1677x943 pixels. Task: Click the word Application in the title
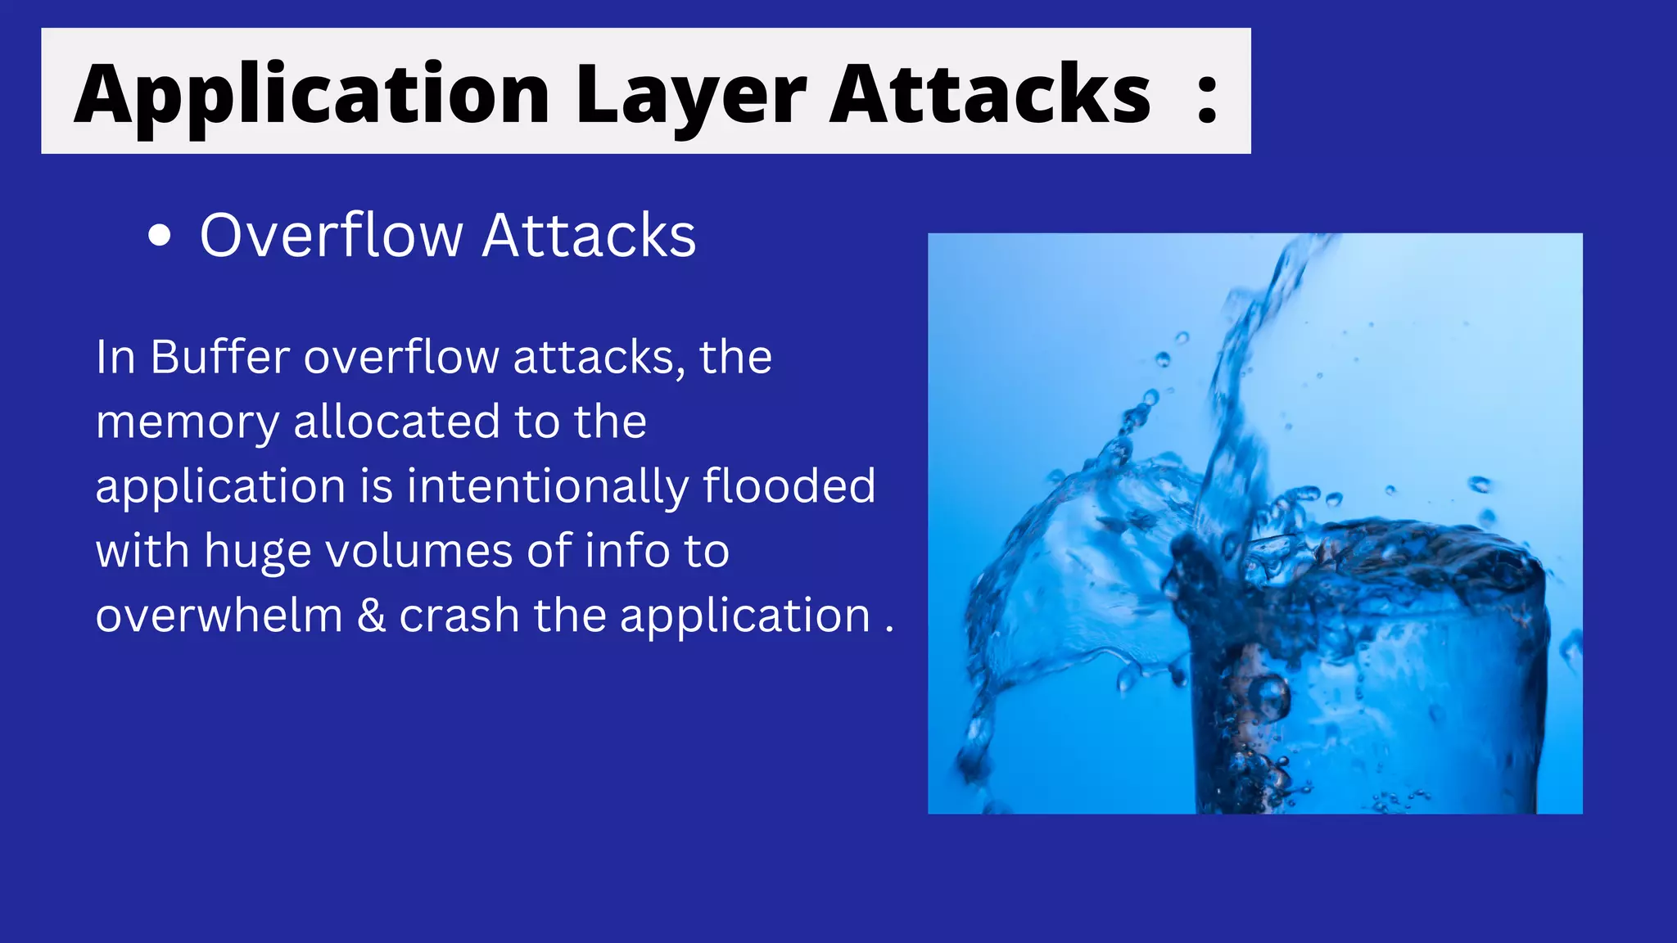tap(311, 95)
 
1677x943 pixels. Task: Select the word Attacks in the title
tap(990, 95)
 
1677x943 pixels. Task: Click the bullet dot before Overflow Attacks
tap(160, 237)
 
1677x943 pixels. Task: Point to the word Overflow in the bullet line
tap(332, 236)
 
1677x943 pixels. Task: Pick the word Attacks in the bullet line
tap(590, 236)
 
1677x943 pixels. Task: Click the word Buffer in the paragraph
tap(220, 357)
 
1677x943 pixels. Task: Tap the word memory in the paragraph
tap(188, 423)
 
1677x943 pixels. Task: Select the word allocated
tap(396, 422)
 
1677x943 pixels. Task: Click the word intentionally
tap(548, 486)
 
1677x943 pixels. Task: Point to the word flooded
tap(789, 485)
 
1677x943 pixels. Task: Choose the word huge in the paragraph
tap(258, 552)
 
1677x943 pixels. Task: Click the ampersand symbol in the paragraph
tap(371, 616)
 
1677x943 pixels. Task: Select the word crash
tap(459, 616)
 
